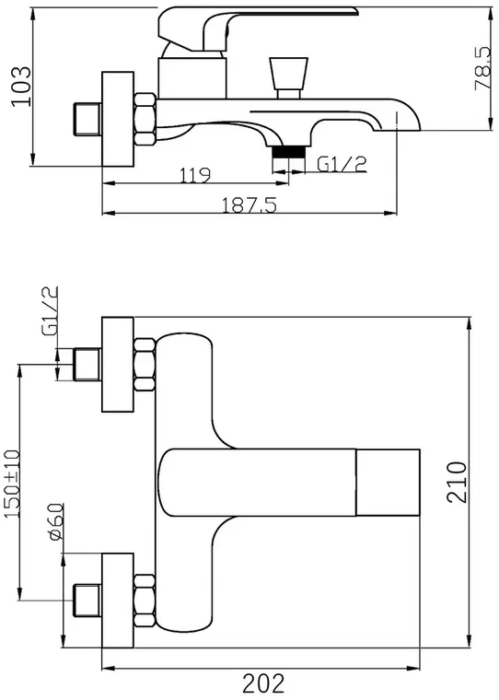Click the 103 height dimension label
21,87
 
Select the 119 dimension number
194,175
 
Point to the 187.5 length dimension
249,204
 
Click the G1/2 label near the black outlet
342,164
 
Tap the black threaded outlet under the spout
288,152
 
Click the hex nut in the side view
145,119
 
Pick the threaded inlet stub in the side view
87,119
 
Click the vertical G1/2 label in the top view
50,310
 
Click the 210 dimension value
457,482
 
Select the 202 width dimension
263,683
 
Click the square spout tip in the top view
388,482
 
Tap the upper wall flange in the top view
118,365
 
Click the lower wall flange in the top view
118,601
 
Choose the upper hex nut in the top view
145,365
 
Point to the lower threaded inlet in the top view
87,601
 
